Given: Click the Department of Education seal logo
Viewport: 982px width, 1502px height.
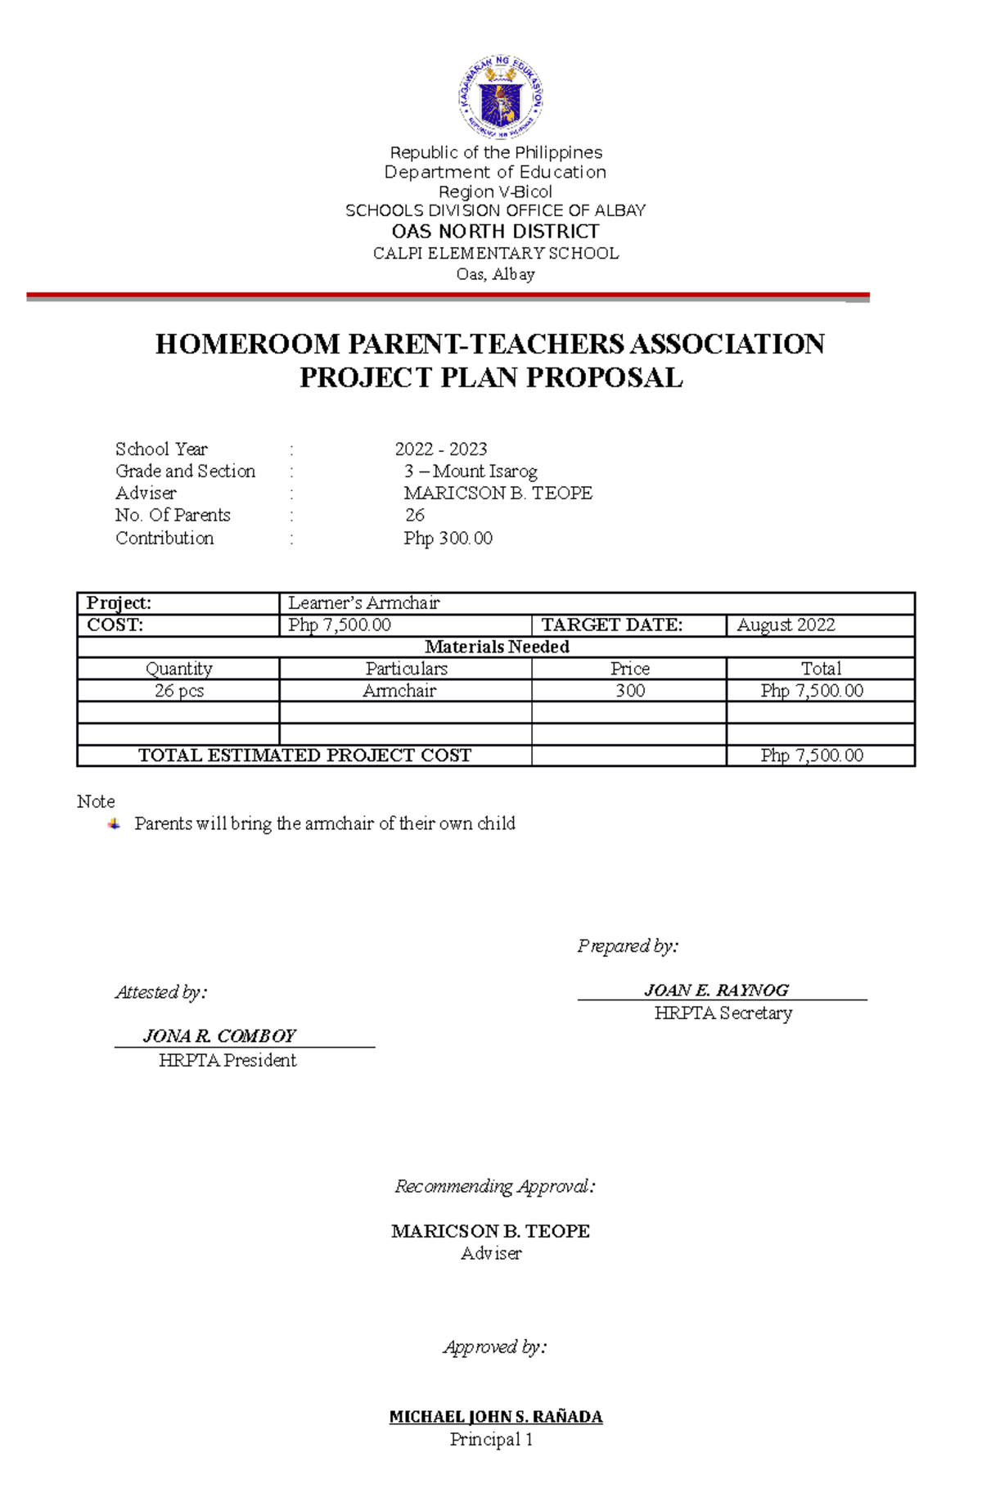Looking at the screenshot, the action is tap(500, 98).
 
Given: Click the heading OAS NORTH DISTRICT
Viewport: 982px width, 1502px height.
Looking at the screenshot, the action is tap(495, 232).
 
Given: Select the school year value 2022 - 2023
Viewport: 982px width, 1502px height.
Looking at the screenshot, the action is tap(440, 449).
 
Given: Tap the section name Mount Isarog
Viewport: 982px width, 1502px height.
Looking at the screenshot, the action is tap(484, 471).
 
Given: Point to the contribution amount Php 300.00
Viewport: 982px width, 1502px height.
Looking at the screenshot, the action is tap(448, 539).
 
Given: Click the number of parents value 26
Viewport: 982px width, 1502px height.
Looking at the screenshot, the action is tap(415, 516).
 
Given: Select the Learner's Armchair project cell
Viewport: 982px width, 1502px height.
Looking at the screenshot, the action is tap(364, 603).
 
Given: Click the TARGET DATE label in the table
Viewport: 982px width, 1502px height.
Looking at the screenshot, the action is tap(611, 625).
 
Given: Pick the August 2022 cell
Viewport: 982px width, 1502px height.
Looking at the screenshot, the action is tap(786, 625).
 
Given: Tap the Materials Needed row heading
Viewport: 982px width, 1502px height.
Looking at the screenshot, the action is tap(497, 647).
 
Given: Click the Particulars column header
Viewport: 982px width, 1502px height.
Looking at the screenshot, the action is tap(406, 669).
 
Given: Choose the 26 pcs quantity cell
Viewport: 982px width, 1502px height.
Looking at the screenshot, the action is tap(178, 691).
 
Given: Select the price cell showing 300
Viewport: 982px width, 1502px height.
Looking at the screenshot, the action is tap(629, 691).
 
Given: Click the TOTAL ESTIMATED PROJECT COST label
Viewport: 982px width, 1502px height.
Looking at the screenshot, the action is tap(304, 756).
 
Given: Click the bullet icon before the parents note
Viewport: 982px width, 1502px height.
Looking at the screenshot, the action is tap(114, 824).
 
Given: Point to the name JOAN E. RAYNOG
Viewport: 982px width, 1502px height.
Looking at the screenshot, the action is tap(716, 990).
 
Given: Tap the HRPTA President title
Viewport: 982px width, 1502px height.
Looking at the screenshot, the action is tap(227, 1061).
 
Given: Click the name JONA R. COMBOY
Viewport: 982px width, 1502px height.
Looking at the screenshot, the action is tap(219, 1036).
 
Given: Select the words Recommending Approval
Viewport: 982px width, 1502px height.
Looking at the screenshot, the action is tap(494, 1187).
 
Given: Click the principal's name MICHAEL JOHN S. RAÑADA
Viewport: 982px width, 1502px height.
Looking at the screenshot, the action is tap(496, 1417).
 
